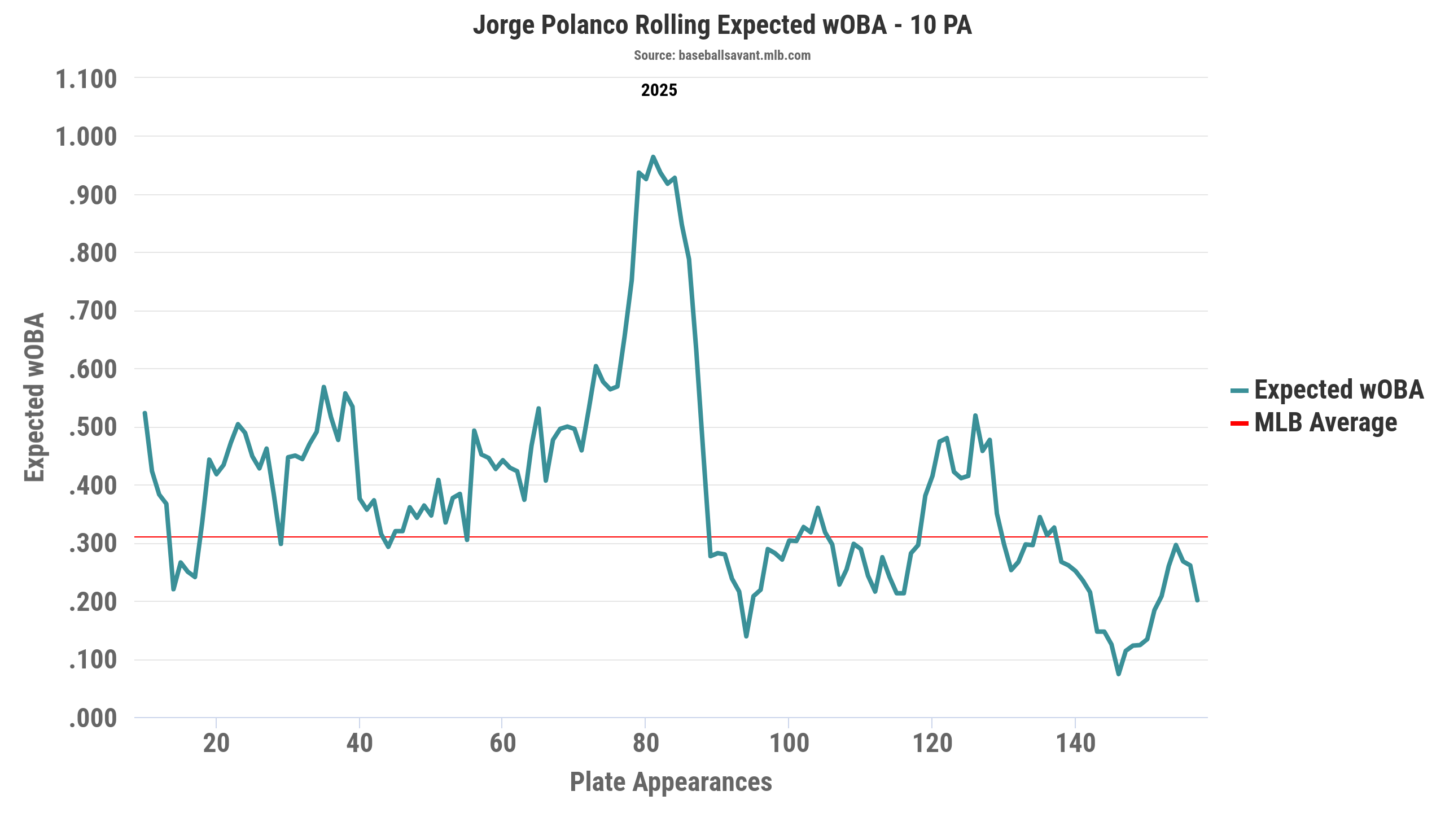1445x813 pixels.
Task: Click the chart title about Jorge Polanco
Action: [722, 26]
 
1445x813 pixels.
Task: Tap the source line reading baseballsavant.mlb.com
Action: [722, 55]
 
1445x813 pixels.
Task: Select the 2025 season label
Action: [659, 90]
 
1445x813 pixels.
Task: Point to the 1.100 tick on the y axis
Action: [86, 79]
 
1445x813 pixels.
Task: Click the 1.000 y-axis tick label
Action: [86, 137]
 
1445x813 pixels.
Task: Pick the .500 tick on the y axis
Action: [93, 427]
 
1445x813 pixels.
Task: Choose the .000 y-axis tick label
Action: [93, 719]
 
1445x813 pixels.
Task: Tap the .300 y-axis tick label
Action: [93, 544]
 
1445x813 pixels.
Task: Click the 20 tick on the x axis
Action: [216, 743]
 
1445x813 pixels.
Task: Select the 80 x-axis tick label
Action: [645, 743]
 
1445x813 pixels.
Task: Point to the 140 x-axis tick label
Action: [1075, 743]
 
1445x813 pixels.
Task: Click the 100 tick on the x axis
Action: [789, 743]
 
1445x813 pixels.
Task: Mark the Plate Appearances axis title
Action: [671, 783]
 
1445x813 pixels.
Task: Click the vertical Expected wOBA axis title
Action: [35, 397]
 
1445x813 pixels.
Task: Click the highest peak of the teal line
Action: [653, 157]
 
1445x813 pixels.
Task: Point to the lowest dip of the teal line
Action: [1118, 674]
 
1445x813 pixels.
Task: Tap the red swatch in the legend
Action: [1239, 423]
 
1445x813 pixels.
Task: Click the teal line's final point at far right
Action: [1197, 600]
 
